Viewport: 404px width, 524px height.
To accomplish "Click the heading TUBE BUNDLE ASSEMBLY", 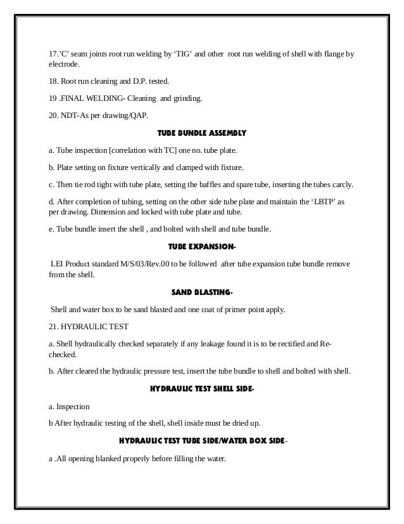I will coord(201,134).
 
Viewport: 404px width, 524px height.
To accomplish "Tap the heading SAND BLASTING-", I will coord(201,292).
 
